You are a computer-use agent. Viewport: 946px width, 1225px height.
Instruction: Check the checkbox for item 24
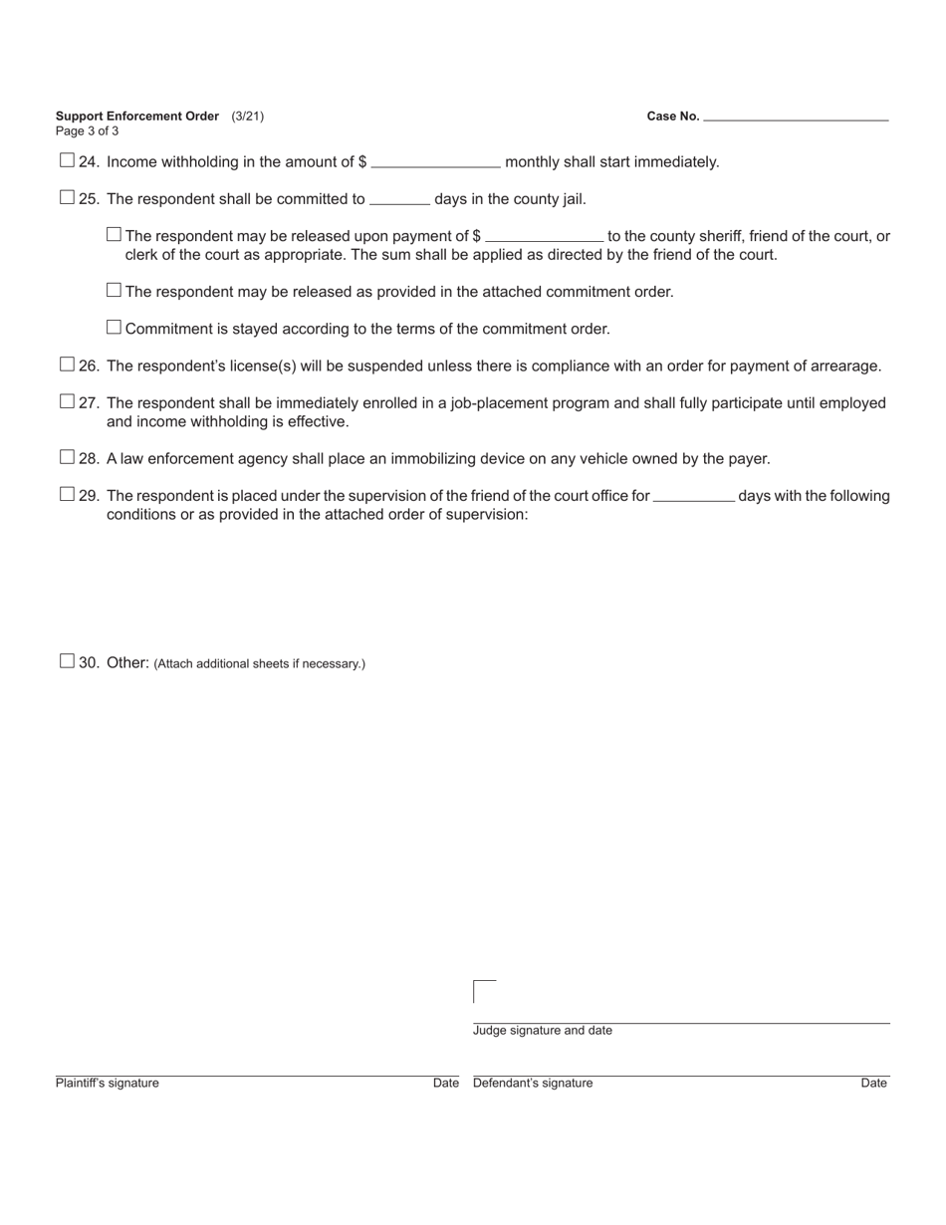click(67, 160)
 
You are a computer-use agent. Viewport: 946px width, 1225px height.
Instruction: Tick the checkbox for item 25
click(67, 197)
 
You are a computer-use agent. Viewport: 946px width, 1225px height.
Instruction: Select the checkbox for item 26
click(67, 365)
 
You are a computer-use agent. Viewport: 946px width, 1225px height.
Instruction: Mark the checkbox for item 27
click(67, 401)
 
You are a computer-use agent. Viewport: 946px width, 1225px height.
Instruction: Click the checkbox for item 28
click(67, 457)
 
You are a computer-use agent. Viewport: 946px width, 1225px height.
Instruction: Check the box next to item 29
click(67, 494)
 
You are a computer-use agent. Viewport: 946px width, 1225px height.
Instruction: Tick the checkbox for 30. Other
click(67, 660)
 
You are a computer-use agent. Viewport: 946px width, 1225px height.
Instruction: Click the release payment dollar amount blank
click(544, 236)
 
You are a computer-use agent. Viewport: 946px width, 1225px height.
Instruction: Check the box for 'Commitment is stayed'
click(114, 327)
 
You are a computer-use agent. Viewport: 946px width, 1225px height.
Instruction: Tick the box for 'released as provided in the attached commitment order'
click(114, 290)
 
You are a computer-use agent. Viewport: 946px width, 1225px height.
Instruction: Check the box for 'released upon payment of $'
click(114, 234)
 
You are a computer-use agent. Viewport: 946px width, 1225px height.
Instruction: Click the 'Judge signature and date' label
click(543, 1031)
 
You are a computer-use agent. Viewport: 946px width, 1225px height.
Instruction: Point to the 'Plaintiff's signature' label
click(108, 1084)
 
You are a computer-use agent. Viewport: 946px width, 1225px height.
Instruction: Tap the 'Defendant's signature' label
click(533, 1084)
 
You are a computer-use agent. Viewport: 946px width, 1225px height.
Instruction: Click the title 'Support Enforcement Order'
click(137, 117)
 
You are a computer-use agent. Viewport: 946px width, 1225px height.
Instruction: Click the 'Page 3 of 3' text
click(88, 131)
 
